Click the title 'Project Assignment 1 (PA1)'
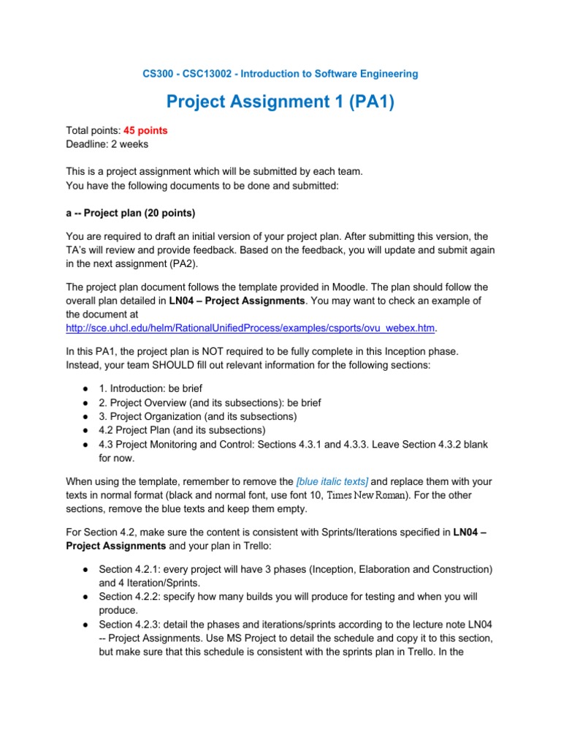(x=280, y=102)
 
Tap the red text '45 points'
(x=145, y=130)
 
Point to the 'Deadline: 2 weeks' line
(x=107, y=144)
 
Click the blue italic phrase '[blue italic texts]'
(x=332, y=481)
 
